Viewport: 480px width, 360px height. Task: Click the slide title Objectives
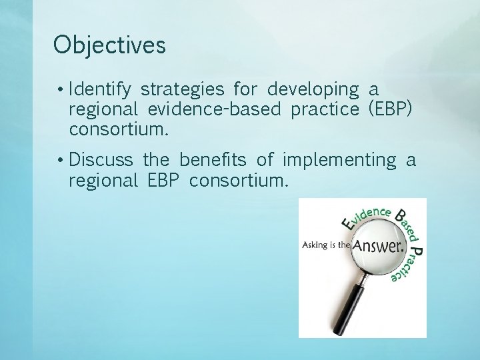click(x=109, y=45)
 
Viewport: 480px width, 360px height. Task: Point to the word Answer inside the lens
click(x=378, y=246)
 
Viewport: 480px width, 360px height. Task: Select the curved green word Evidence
click(x=365, y=217)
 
